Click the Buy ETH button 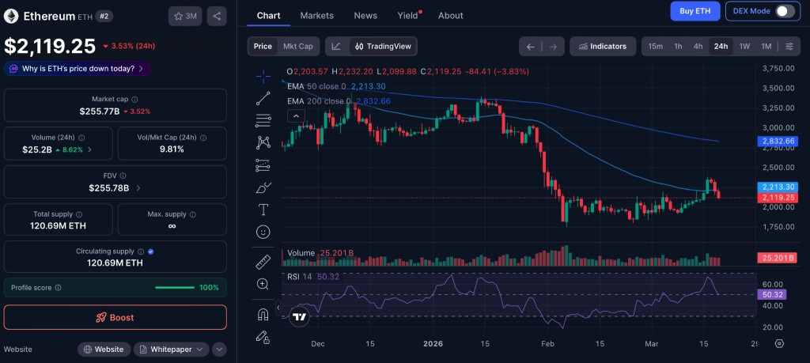point(695,11)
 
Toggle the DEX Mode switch point(785,11)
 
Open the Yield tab point(407,15)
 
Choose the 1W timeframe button point(744,46)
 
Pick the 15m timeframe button point(655,46)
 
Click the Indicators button point(603,46)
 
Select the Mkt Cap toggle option point(298,46)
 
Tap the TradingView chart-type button point(383,46)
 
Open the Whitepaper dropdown point(171,349)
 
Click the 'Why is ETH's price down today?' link point(78,68)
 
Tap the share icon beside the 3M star point(217,16)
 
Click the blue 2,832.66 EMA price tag point(777,142)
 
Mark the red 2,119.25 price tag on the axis point(777,198)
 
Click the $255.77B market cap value point(99,112)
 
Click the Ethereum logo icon point(11,16)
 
